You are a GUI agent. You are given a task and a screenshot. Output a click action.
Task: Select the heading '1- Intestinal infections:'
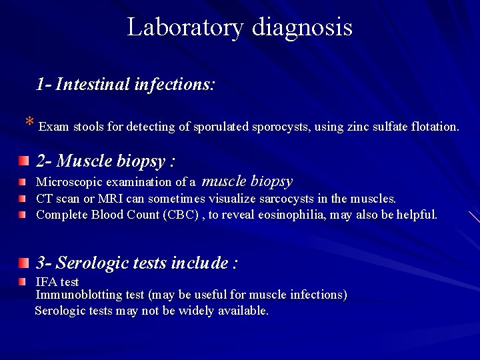click(125, 85)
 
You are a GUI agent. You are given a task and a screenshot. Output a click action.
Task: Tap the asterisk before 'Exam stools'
click(29, 123)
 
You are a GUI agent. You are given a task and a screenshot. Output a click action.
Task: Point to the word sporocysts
click(278, 126)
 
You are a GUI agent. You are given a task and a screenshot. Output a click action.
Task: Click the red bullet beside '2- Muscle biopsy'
click(24, 161)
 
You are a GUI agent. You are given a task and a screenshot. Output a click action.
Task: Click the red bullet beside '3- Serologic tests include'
click(24, 263)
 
